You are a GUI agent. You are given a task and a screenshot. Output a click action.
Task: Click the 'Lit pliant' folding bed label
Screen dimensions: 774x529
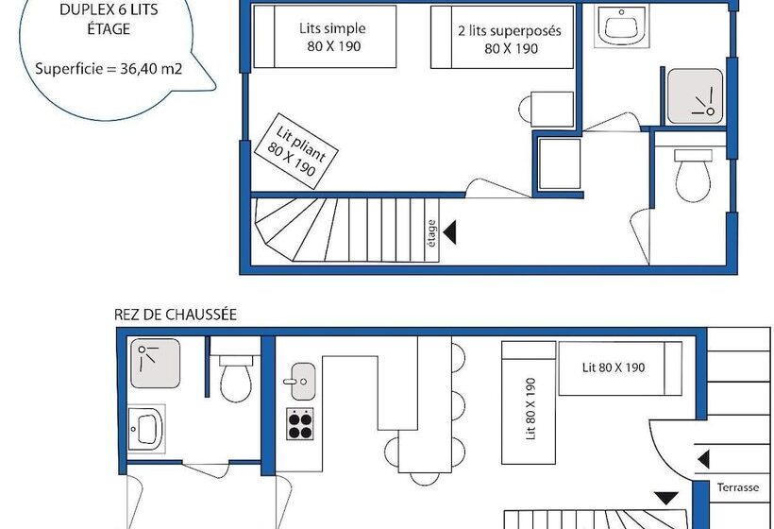tap(301, 144)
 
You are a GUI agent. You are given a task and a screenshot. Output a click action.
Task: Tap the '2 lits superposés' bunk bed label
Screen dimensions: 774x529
tap(510, 30)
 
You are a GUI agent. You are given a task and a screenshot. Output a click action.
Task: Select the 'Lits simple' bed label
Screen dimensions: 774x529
tap(332, 28)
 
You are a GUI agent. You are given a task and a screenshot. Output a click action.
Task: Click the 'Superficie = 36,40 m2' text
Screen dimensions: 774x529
tap(109, 68)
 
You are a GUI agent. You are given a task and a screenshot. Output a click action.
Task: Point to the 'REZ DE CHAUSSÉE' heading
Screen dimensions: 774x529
tap(176, 315)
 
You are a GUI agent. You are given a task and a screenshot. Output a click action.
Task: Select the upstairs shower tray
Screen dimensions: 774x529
tap(695, 96)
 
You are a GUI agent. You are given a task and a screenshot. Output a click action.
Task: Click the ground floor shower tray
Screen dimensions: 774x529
tap(155, 363)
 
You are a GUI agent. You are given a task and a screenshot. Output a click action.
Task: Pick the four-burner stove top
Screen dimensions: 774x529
tap(300, 424)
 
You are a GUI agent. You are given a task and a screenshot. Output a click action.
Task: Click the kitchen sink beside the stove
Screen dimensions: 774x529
tap(302, 382)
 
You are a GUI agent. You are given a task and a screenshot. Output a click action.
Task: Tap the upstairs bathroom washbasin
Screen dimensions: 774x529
tap(620, 26)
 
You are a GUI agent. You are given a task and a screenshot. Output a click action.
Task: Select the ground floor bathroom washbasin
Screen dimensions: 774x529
tap(146, 428)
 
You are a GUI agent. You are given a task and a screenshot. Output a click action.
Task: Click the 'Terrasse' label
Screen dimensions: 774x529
tap(738, 487)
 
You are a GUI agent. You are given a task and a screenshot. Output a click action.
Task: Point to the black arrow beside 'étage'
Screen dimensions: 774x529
tap(449, 232)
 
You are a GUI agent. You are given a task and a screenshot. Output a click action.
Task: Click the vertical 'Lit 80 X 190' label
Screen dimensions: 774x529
tap(530, 408)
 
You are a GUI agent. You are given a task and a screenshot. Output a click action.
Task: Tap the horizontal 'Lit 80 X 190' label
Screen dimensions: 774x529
tap(614, 367)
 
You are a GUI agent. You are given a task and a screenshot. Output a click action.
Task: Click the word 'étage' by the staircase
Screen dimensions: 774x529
tap(431, 233)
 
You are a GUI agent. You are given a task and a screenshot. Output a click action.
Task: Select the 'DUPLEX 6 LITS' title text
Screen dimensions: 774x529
tap(109, 9)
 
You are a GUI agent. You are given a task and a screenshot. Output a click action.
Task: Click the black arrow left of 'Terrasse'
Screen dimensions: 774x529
tap(704, 459)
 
